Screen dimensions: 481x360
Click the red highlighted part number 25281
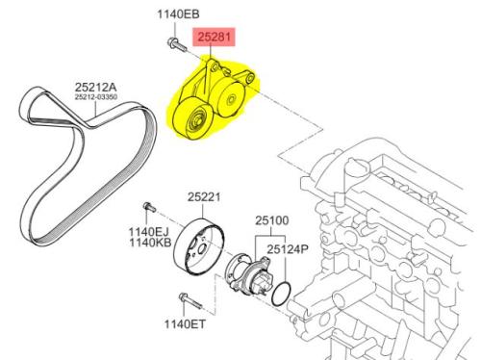(x=214, y=37)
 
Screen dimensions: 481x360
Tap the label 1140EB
(x=178, y=14)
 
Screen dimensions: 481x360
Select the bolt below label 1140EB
(x=177, y=44)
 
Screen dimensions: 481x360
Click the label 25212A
(x=96, y=87)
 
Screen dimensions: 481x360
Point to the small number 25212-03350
(x=96, y=97)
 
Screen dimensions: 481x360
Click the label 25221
(x=204, y=196)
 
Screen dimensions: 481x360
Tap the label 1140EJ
(x=148, y=232)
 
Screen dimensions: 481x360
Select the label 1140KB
(x=150, y=243)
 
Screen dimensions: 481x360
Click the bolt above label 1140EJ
(x=149, y=207)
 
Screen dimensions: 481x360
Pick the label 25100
(x=271, y=220)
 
